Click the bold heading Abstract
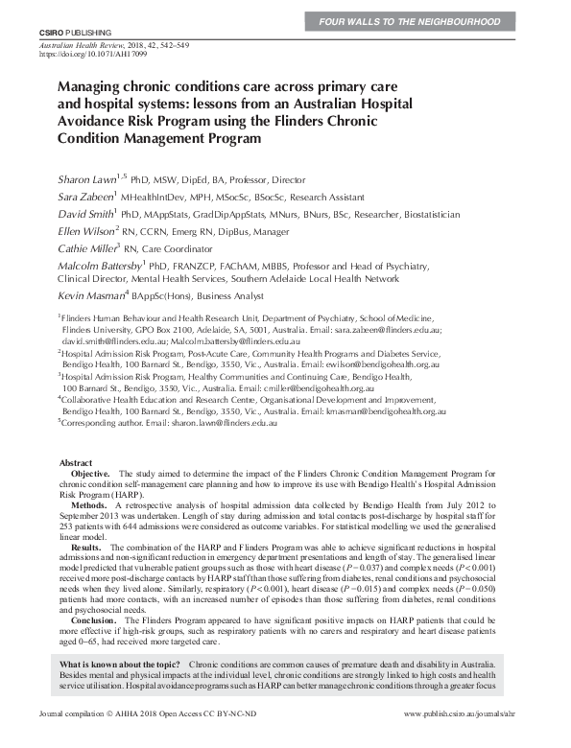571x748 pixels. point(77,462)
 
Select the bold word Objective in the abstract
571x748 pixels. point(91,474)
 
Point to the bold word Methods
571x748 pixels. point(89,503)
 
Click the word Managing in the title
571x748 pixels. point(96,84)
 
